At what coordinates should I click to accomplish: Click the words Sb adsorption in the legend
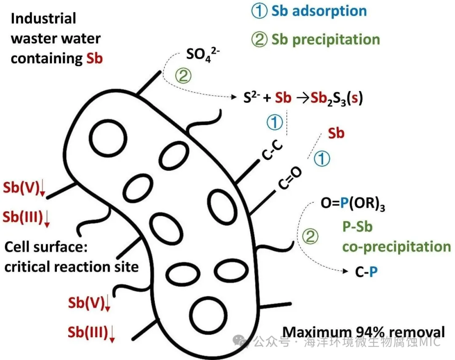(x=318, y=11)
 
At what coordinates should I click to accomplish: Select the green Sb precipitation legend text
(x=325, y=39)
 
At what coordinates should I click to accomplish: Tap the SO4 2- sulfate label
(x=204, y=55)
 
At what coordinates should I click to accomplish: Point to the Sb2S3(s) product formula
(x=337, y=98)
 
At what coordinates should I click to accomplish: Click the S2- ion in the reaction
(x=251, y=98)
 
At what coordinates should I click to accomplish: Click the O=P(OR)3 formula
(x=353, y=205)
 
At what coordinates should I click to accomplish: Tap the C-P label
(x=366, y=272)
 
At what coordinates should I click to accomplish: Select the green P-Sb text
(x=357, y=227)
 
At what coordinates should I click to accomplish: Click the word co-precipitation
(x=396, y=247)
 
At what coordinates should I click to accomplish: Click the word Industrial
(x=43, y=19)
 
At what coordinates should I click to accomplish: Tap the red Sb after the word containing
(x=94, y=58)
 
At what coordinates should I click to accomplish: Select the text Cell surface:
(x=45, y=247)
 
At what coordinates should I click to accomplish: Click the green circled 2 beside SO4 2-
(x=182, y=76)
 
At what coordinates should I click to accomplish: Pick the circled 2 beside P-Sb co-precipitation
(x=310, y=236)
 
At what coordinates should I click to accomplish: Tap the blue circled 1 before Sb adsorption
(x=259, y=11)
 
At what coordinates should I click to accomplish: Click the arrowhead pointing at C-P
(x=347, y=271)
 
